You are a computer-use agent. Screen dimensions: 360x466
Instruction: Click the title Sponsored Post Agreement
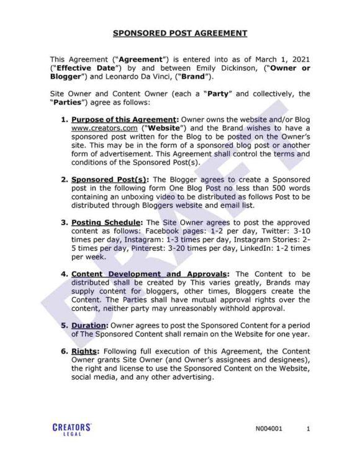pyautogui.click(x=180, y=34)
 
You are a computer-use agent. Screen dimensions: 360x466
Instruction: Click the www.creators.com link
pyautogui.click(x=102, y=128)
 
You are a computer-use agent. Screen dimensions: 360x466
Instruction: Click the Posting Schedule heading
pyautogui.click(x=108, y=222)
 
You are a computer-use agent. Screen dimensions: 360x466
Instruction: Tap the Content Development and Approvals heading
pyautogui.click(x=150, y=273)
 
